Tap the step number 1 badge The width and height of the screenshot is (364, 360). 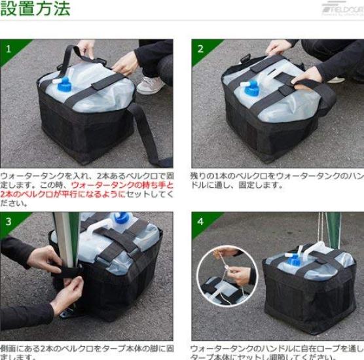pyautogui.click(x=9, y=48)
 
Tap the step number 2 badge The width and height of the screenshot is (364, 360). pyautogui.click(x=200, y=48)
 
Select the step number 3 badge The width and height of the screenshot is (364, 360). pyautogui.click(x=9, y=221)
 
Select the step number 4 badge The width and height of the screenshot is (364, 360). pyautogui.click(x=200, y=221)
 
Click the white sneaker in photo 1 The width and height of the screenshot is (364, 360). pyautogui.click(x=150, y=85)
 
